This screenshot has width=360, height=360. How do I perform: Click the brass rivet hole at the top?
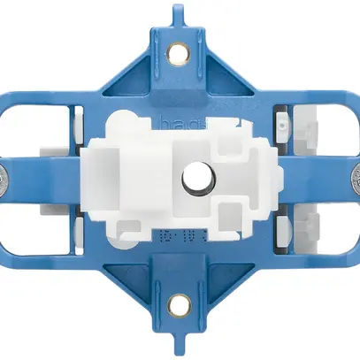[x=180, y=57]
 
